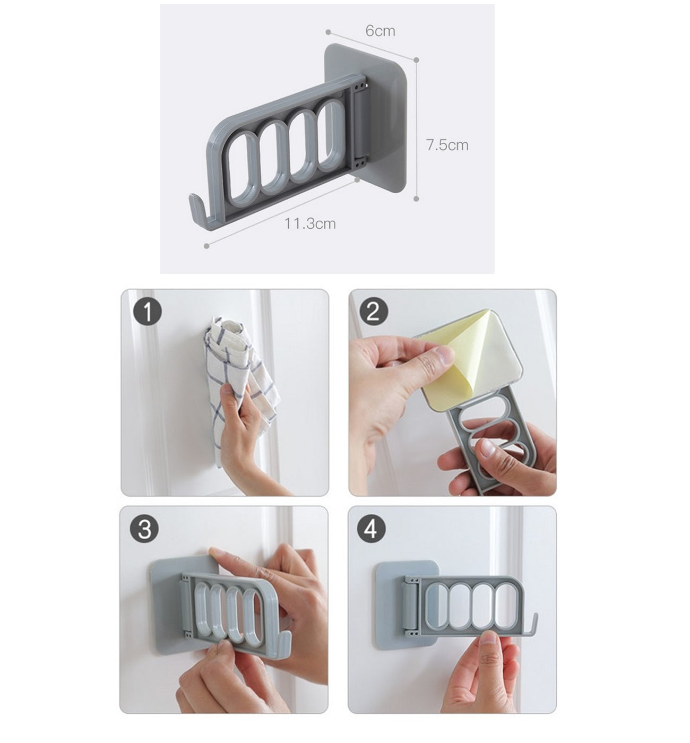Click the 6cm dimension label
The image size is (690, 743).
coord(380,31)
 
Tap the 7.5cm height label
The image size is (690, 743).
coord(447,145)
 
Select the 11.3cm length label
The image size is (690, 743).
coord(310,224)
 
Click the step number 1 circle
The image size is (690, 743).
coord(148,312)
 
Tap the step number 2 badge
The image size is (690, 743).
coord(373,312)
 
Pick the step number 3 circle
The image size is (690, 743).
coord(144,529)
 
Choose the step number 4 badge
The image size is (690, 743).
coord(370,529)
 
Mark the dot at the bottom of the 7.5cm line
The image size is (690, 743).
coord(416,198)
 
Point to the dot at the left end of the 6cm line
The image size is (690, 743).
coord(328,32)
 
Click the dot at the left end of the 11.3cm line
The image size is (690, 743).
coord(206,246)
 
